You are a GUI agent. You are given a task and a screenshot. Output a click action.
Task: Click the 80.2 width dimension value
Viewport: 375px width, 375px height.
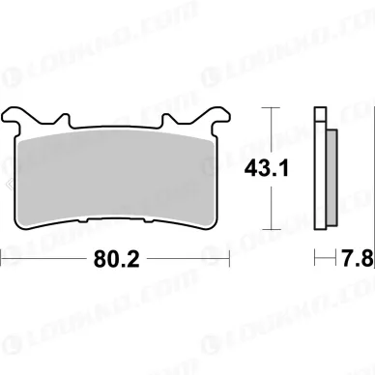(x=115, y=259)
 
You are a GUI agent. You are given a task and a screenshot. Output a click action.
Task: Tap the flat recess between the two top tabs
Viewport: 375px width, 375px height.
(x=115, y=128)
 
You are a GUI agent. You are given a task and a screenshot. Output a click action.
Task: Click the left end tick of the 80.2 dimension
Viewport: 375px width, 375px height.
(x=3, y=259)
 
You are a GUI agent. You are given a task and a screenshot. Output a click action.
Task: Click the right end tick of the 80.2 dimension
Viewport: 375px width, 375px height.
(x=229, y=259)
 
